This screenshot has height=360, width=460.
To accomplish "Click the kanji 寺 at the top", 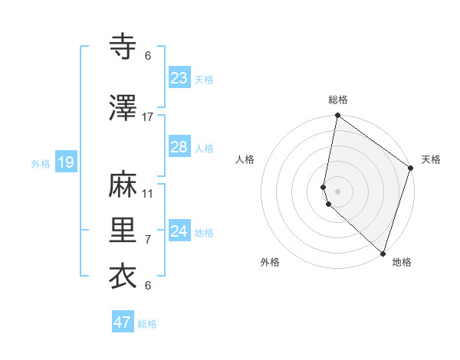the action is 123,47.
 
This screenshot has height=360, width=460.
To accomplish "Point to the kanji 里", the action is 123,230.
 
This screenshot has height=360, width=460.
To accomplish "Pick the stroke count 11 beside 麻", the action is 148,193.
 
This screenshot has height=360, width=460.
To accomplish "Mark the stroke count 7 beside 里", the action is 148,239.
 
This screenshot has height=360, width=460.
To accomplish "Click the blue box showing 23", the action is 179,77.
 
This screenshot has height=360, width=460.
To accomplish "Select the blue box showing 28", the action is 179,147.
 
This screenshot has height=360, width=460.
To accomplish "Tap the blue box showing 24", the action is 179,231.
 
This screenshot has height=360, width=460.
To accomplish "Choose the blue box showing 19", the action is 65,162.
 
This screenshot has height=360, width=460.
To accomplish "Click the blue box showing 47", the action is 123,322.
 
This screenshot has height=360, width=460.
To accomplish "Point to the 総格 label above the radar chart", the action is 338,100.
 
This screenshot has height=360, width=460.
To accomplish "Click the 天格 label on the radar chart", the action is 431,159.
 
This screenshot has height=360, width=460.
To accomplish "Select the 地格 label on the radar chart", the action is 402,262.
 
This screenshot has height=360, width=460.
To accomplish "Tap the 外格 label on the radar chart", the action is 270,262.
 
